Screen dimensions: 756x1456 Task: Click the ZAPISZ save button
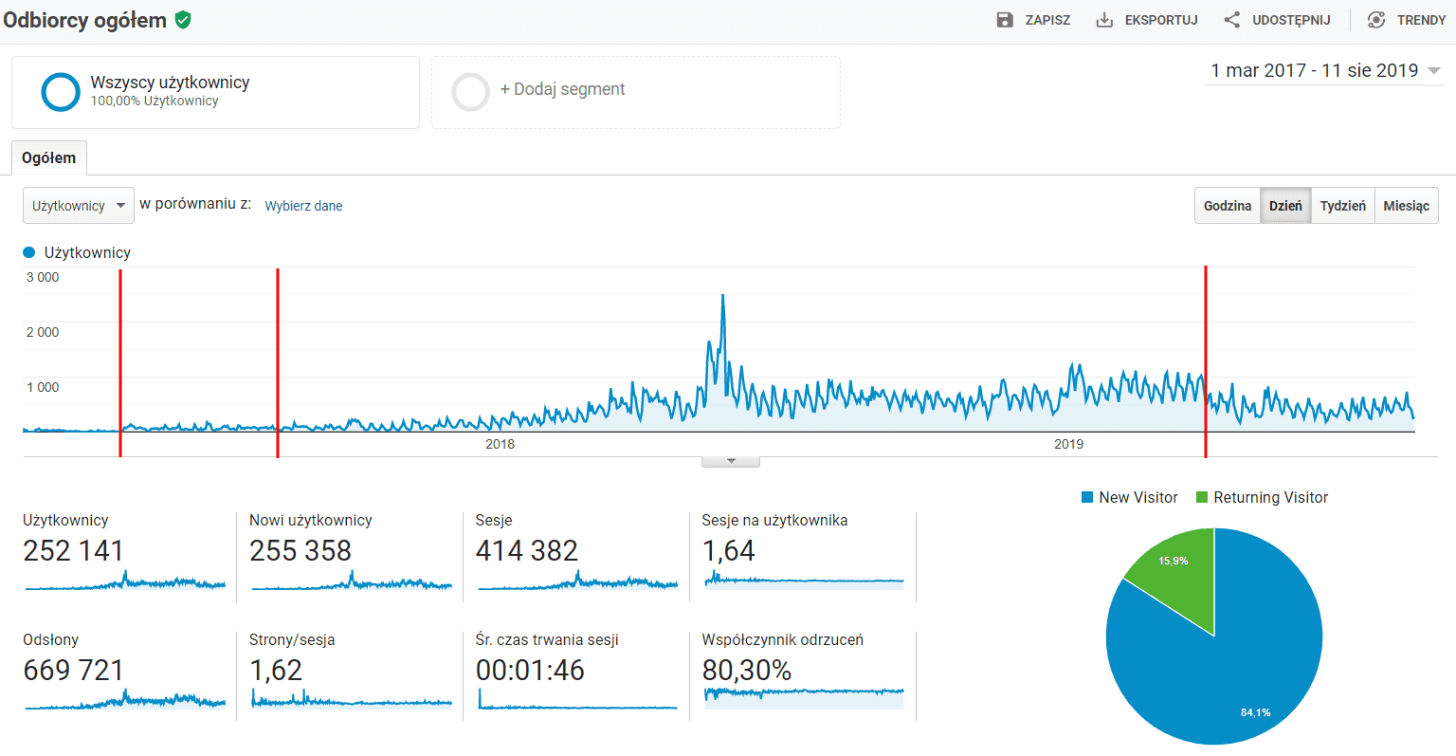[1034, 20]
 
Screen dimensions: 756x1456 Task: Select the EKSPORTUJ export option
[1147, 20]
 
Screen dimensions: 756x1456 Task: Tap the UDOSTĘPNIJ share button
[1278, 20]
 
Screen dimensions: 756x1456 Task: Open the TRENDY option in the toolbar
[1407, 20]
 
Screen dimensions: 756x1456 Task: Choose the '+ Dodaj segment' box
[635, 91]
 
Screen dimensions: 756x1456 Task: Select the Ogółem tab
[49, 158]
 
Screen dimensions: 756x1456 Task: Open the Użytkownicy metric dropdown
[79, 206]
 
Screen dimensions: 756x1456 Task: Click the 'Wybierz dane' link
[303, 206]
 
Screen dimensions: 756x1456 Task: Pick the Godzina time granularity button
[1228, 206]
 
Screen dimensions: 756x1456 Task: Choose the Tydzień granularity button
[1342, 206]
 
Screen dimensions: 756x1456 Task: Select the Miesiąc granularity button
[1406, 206]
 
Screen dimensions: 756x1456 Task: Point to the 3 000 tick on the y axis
[43, 277]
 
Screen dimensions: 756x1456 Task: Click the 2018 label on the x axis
[500, 444]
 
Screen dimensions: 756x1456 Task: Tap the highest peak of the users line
[723, 296]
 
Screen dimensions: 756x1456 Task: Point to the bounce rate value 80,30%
[746, 671]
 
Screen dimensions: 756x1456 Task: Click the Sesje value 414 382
[526, 551]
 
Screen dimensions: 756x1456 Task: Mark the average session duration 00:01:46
[530, 671]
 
